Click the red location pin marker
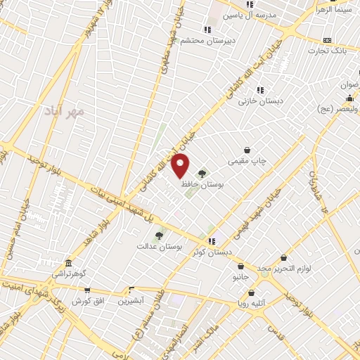click(181, 167)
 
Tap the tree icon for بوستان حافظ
click(202, 173)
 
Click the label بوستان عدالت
click(160, 247)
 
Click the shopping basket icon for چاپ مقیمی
click(247, 150)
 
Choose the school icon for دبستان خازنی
click(261, 90)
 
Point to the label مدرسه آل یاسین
click(251, 14)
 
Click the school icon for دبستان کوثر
click(212, 241)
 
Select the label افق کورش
click(87, 300)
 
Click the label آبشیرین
click(131, 300)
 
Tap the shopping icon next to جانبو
click(241, 267)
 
